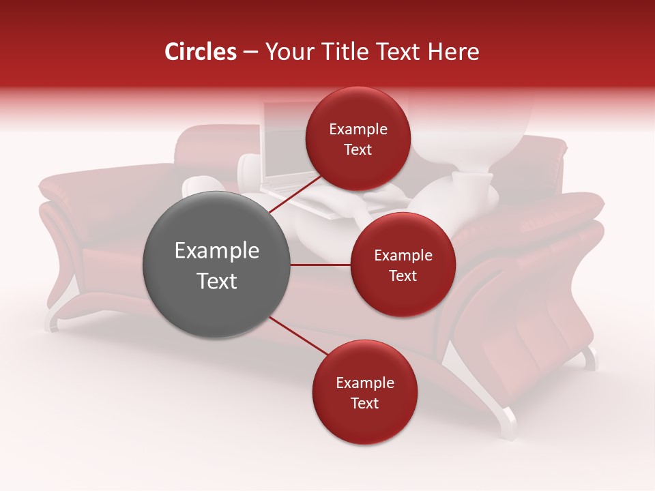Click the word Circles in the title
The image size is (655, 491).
[200, 52]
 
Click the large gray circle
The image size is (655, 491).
[216, 265]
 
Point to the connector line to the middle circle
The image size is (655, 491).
[321, 265]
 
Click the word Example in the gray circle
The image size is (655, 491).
[216, 251]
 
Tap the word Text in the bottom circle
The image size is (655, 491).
[364, 404]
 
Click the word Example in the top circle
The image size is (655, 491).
[358, 129]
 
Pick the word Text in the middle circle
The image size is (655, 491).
[403, 276]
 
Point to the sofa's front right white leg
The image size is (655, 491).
[508, 423]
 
